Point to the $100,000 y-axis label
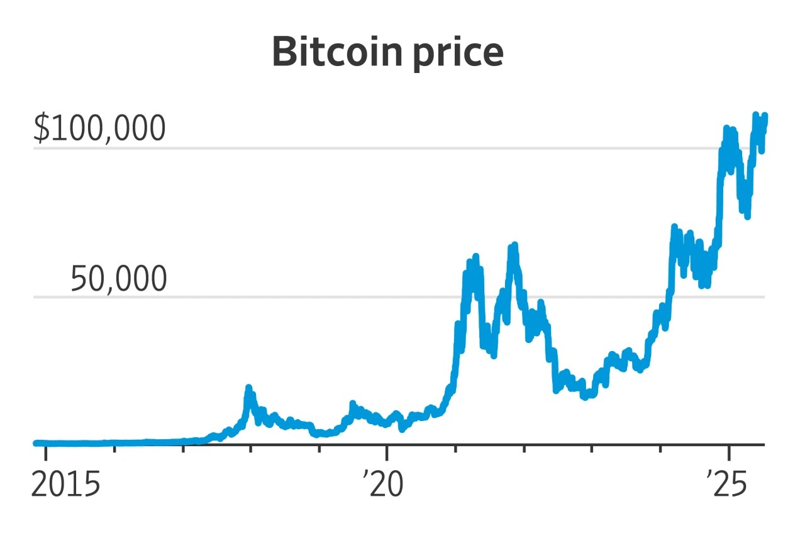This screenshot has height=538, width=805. pos(99,128)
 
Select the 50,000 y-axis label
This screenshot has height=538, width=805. pos(118,279)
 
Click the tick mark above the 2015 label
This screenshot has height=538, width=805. pos(46,451)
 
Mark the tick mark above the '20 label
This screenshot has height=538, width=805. pos(387,451)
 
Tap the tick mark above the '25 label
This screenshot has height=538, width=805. pos(728,451)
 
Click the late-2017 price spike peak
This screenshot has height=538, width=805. pos(249,388)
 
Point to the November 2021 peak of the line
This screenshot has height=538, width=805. pos(514,245)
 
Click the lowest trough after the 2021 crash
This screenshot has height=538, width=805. pos(585,397)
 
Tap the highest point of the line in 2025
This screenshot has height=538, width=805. pos(756,115)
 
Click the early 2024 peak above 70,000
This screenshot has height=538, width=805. pos(674,227)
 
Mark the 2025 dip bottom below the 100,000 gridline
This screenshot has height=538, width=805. pos(747,216)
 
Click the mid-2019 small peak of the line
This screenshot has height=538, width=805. pos(353,403)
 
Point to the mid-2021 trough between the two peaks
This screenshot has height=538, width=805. pos(493,356)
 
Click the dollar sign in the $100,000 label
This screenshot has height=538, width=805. pos(41,128)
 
